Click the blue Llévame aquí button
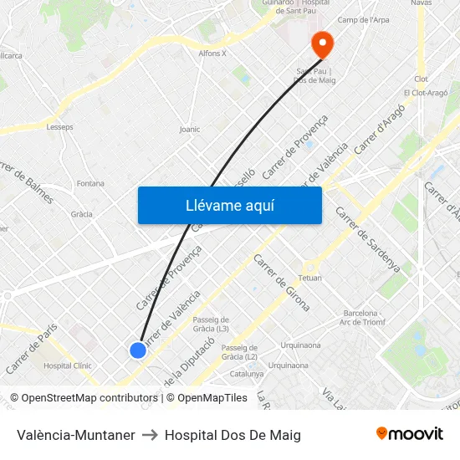click(229, 205)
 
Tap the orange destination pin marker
click(322, 43)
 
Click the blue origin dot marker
click(138, 350)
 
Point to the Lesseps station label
click(60, 127)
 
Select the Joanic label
click(190, 130)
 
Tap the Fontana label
click(90, 183)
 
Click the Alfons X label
click(212, 54)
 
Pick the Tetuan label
click(310, 277)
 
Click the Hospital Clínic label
click(67, 365)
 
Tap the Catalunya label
click(247, 374)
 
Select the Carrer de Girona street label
click(281, 282)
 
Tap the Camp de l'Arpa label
click(363, 20)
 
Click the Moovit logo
click(410, 434)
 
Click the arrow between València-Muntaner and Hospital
click(150, 435)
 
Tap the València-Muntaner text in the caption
click(76, 435)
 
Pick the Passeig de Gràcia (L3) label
click(211, 324)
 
